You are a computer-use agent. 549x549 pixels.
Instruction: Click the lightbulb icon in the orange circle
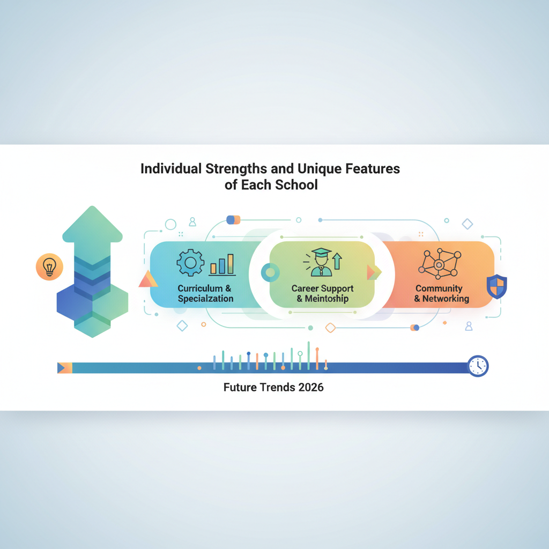[x=49, y=267]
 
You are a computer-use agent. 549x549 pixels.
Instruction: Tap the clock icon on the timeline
[x=478, y=366]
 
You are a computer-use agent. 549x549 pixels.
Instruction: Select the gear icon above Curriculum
[x=190, y=263]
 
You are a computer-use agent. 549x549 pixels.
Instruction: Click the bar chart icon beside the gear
[x=222, y=265]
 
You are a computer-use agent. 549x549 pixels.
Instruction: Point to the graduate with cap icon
[x=321, y=262]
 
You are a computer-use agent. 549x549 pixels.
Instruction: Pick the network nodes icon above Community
[x=440, y=264]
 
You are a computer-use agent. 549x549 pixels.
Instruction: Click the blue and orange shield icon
[x=497, y=286]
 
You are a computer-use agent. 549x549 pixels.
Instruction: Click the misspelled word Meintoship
[x=327, y=299]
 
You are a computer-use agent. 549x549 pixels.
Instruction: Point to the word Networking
[x=446, y=299]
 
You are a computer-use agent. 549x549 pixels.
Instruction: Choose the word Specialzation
[x=205, y=299]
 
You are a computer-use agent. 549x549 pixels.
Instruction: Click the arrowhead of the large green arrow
[x=92, y=224]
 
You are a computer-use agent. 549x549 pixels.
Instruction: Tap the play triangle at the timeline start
[x=61, y=368]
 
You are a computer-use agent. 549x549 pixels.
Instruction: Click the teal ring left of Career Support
[x=270, y=272]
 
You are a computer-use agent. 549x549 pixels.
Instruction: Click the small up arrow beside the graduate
[x=337, y=261]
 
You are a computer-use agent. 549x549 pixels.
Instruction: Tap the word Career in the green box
[x=305, y=288]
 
